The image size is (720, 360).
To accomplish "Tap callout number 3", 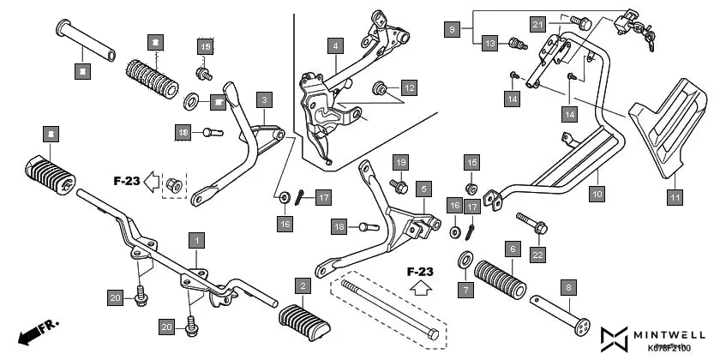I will (265, 99).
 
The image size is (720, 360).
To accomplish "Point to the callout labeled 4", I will (336, 45).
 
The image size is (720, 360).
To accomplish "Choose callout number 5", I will (423, 187).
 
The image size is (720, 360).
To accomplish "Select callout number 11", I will (675, 198).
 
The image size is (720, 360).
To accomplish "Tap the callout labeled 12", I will (410, 87).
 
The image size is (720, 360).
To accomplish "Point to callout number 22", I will (537, 254).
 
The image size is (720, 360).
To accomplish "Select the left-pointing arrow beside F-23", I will (151, 181).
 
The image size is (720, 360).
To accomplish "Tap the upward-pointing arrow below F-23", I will (420, 289).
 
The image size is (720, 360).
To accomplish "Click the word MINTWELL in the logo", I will (671, 333).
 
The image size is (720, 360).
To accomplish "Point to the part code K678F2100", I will (668, 347).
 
